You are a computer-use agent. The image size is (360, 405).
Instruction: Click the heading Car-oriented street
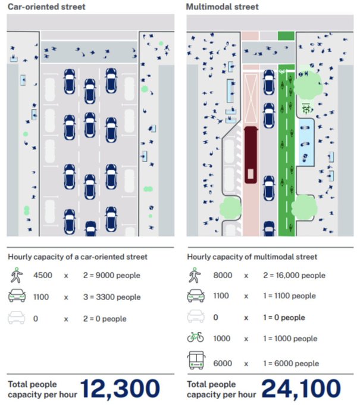click(46, 7)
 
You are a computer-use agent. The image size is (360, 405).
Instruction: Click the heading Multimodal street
click(222, 7)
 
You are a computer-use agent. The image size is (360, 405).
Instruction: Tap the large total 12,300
click(120, 388)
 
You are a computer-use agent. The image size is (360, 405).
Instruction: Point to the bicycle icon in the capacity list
click(196, 338)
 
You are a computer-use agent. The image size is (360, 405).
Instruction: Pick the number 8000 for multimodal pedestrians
click(223, 276)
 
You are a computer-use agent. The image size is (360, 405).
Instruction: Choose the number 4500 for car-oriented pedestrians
click(43, 276)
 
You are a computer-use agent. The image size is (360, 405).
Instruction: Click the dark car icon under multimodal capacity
click(196, 296)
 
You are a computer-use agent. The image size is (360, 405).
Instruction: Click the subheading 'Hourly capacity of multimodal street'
click(252, 257)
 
